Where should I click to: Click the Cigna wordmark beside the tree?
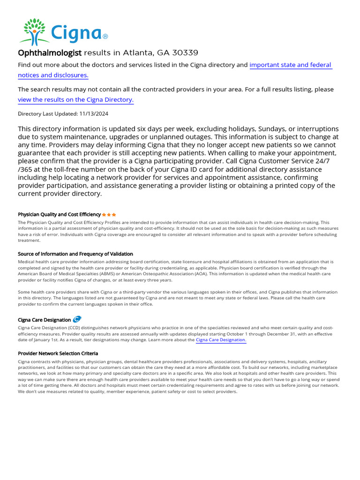(76, 34)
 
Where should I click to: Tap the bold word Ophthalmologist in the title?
(50, 52)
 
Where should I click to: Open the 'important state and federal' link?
(290, 65)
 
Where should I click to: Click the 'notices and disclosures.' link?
(53, 75)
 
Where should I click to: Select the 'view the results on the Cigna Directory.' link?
(75, 100)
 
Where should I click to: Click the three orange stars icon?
(109, 214)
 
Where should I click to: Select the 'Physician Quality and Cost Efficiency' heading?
(59, 214)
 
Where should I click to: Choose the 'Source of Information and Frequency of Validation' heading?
(75, 254)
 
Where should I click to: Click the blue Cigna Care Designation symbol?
(77, 319)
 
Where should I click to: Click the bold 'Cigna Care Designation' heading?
(44, 320)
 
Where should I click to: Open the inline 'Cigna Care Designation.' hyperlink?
(220, 340)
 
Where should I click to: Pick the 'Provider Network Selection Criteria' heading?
(58, 353)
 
